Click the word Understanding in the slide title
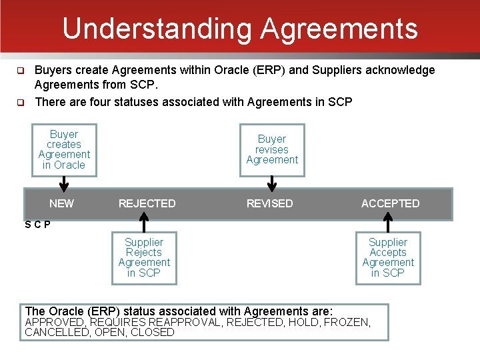(x=157, y=29)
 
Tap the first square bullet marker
(x=21, y=71)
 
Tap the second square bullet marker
(x=21, y=103)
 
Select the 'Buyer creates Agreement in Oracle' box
(x=64, y=150)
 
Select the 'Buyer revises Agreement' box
(x=272, y=150)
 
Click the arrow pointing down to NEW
(x=64, y=183)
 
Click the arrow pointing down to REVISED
(x=272, y=183)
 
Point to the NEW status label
(x=62, y=203)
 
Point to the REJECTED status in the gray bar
(x=147, y=203)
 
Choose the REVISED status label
(x=269, y=203)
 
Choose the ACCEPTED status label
(x=390, y=203)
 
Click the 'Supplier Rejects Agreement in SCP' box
(x=144, y=257)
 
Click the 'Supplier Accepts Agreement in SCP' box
(x=388, y=257)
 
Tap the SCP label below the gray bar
(x=37, y=225)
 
